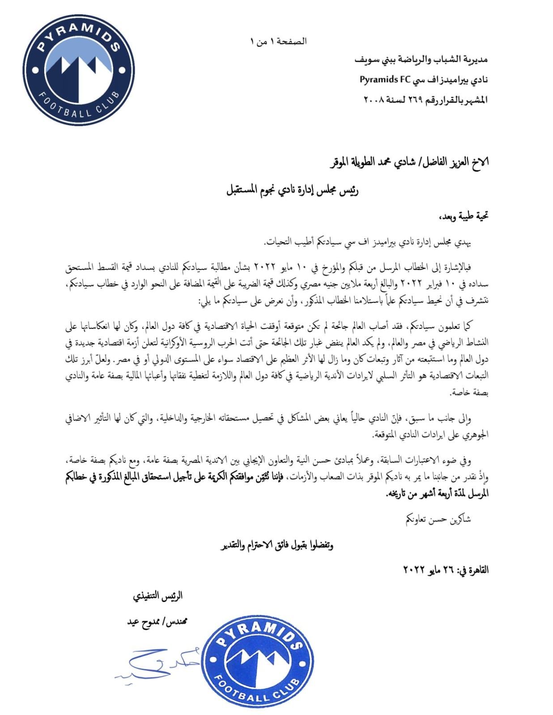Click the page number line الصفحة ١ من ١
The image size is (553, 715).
(x=278, y=42)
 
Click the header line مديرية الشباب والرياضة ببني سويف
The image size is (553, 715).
(x=421, y=59)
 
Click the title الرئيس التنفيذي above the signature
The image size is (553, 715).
(x=157, y=597)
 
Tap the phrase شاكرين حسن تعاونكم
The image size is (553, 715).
(x=438, y=519)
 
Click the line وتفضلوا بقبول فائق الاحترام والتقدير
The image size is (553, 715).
(x=277, y=545)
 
